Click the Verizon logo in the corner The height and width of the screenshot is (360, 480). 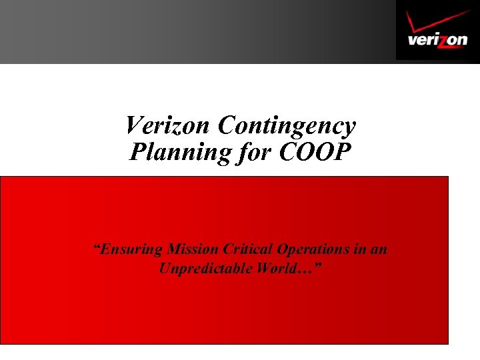(437, 30)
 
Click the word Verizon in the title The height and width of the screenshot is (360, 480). (169, 125)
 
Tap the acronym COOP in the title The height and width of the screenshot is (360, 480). (314, 152)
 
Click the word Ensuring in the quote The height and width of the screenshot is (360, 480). (132, 250)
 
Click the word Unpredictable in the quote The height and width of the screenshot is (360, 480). (202, 269)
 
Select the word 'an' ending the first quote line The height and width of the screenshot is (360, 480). (379, 250)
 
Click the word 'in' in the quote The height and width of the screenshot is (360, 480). (359, 249)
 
